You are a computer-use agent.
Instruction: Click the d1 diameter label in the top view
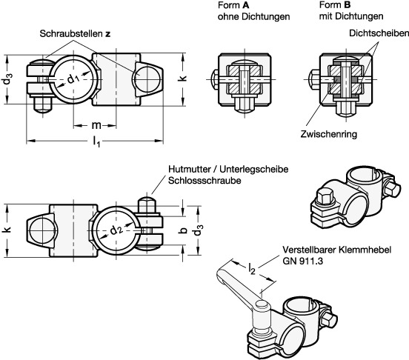[x=73, y=79]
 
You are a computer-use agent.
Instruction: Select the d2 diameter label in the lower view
[x=116, y=230]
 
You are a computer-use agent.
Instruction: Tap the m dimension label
[x=96, y=125]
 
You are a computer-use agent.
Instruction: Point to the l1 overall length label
[x=96, y=141]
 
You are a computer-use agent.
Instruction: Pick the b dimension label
[x=184, y=230]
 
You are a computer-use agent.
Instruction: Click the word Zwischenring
[x=329, y=134]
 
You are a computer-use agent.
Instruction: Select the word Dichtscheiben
[x=379, y=33]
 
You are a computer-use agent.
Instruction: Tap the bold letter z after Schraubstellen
[x=107, y=34]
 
